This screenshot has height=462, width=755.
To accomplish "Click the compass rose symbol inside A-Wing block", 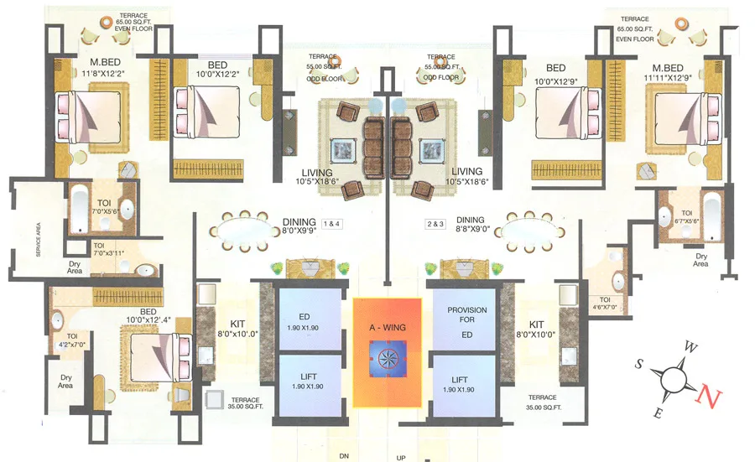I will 388,358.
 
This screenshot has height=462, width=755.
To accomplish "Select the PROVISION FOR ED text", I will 466,319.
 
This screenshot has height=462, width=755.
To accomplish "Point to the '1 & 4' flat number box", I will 332,224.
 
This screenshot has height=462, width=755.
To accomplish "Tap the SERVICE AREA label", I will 38,237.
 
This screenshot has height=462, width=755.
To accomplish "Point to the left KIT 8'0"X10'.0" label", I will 231,328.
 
